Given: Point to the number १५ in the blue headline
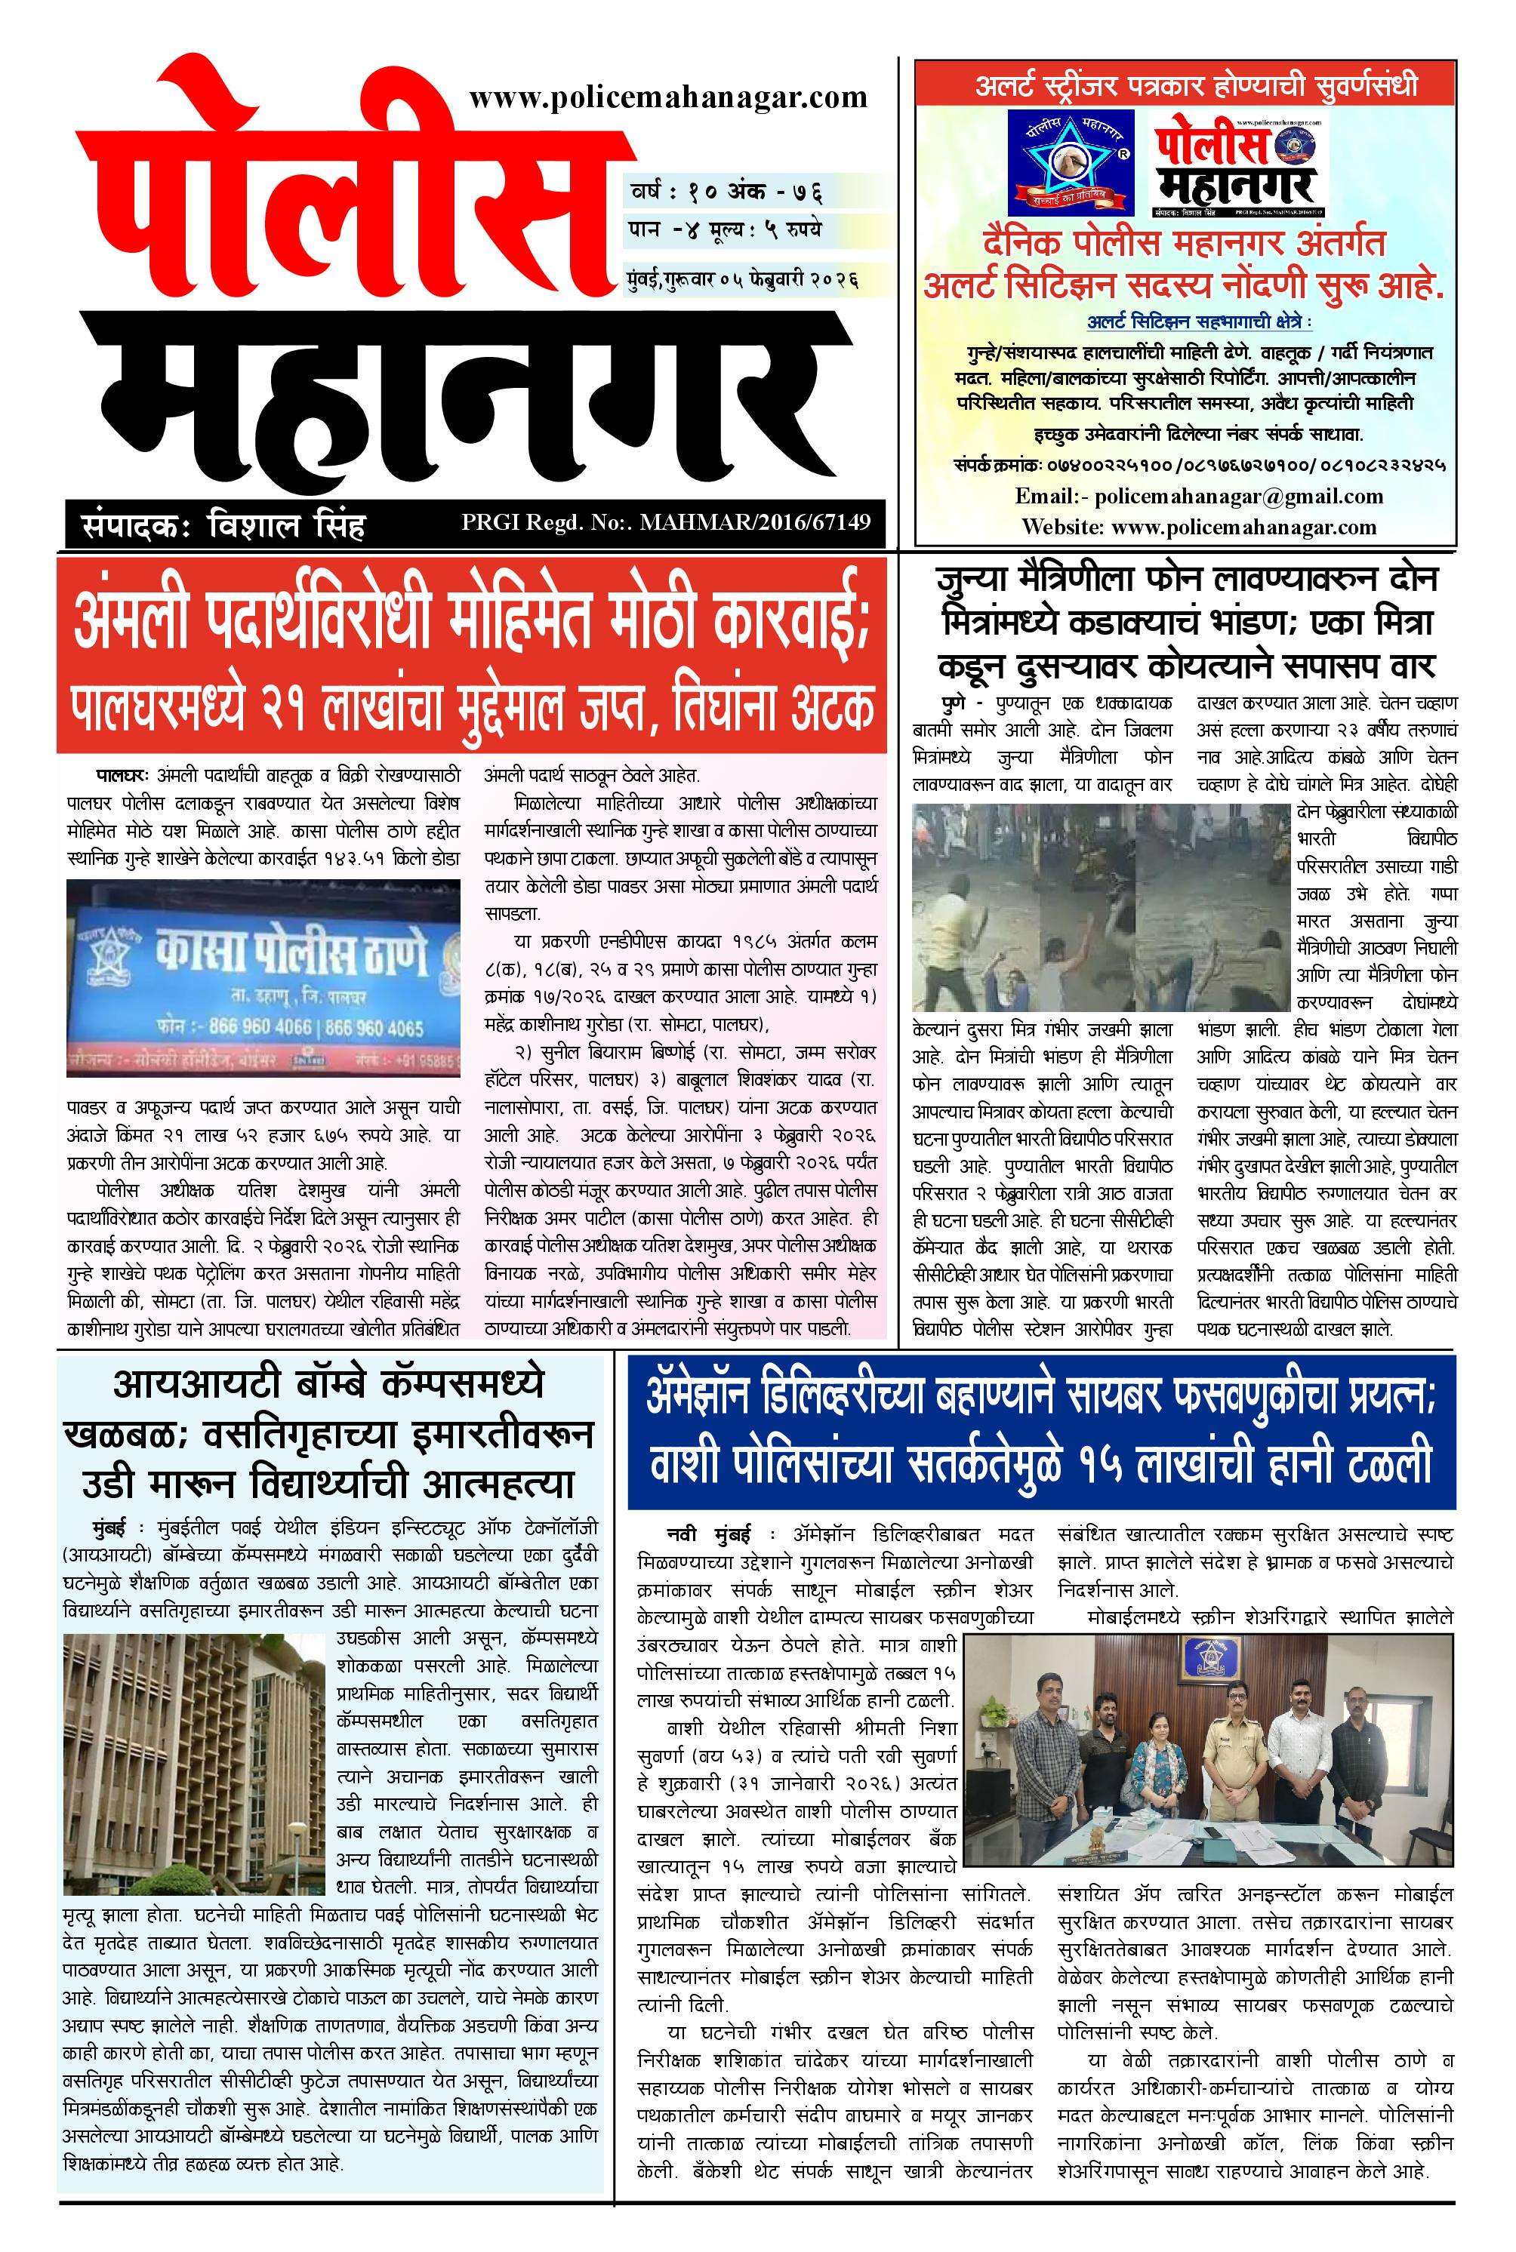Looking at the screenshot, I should [1103, 1464].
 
